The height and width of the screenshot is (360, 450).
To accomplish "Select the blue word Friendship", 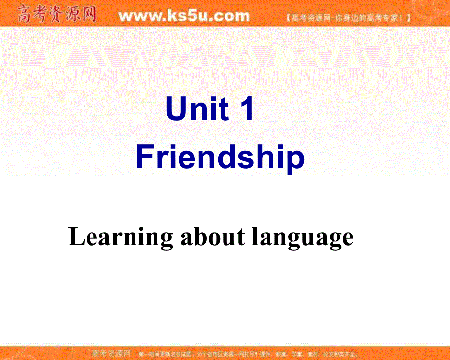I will [x=221, y=158].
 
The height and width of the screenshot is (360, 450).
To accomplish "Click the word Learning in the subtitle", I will [x=120, y=237].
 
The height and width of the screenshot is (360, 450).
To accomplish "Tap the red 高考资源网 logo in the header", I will [x=56, y=15].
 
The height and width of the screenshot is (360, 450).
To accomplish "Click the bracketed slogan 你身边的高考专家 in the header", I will [x=347, y=19].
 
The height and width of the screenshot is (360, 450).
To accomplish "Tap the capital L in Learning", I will [x=75, y=237].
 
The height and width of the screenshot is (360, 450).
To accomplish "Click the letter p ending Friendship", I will [x=295, y=160].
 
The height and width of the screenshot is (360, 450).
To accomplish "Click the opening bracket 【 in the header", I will [x=286, y=19].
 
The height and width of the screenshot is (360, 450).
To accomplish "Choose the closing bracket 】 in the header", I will [x=408, y=19].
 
